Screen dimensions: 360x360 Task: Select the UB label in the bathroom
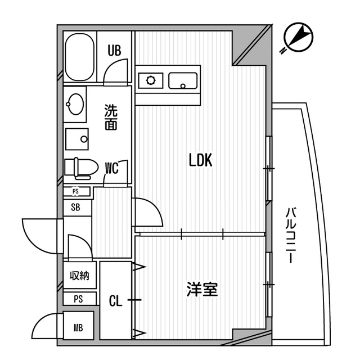[x=115, y=51]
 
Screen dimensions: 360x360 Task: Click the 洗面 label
[x=111, y=117]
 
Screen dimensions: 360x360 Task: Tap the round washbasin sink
[x=74, y=103]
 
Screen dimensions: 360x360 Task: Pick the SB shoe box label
[x=75, y=206]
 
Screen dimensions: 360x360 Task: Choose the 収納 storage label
[x=79, y=276]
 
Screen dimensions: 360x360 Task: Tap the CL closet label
[x=115, y=301]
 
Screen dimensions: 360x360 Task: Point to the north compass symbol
[x=296, y=37]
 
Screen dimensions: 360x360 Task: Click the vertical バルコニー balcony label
[x=290, y=236]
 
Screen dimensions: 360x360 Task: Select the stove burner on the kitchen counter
[x=151, y=80]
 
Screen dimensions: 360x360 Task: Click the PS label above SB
[x=75, y=191]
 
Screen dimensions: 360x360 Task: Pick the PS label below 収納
[x=78, y=299]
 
